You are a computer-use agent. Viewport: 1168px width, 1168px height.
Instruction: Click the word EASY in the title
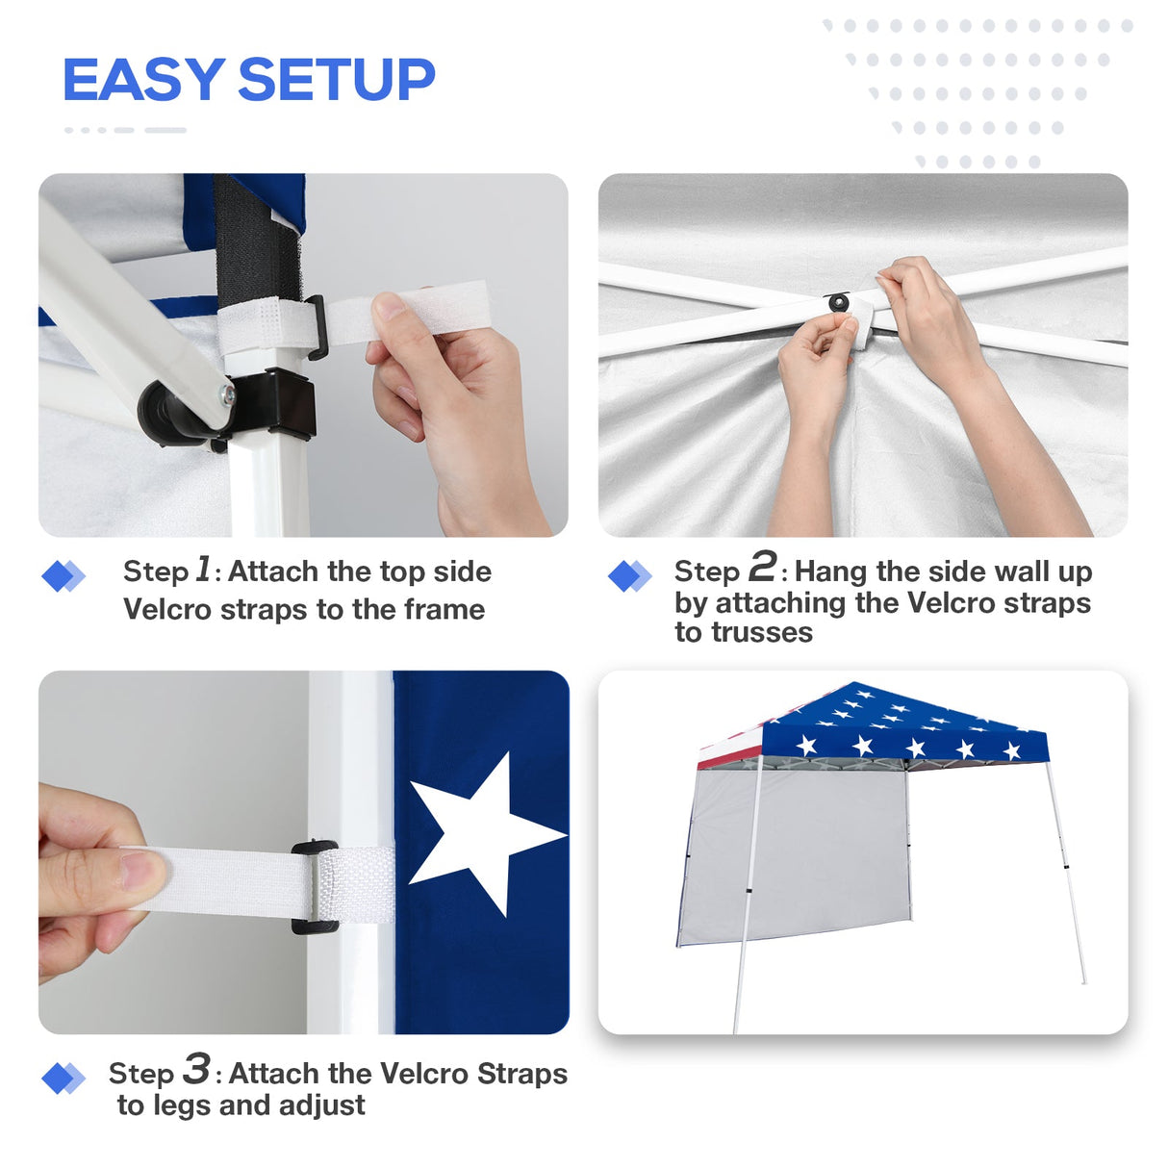click(142, 80)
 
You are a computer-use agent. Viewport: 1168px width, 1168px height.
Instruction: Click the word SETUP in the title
click(336, 80)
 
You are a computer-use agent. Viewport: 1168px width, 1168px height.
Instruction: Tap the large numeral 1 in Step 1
click(203, 569)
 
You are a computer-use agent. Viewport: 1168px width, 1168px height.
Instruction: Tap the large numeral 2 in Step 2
click(762, 567)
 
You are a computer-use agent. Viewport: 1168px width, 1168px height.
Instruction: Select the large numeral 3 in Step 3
click(196, 1069)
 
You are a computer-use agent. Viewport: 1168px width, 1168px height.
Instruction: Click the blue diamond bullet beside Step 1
click(63, 575)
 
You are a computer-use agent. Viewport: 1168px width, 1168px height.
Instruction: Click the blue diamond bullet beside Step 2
click(630, 575)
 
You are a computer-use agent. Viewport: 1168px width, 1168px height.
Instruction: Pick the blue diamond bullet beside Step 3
click(63, 1078)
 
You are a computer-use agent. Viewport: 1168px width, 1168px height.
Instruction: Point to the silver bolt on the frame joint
click(226, 393)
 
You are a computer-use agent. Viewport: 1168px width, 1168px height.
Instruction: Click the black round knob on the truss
click(839, 303)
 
